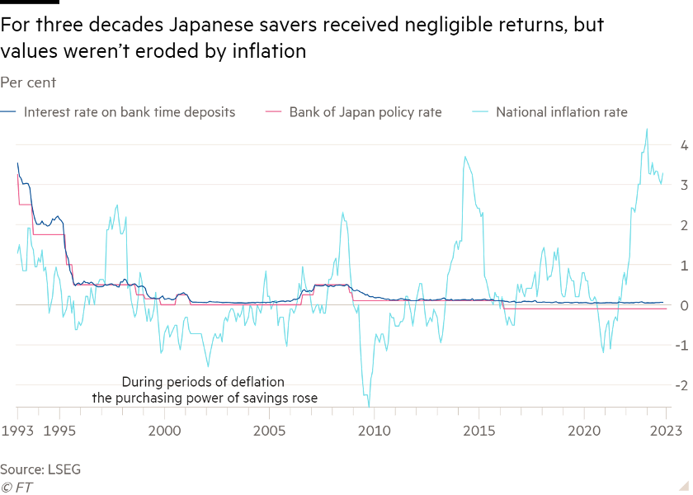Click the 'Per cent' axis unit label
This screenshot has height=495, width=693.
(x=28, y=82)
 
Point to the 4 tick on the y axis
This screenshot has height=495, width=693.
(x=683, y=146)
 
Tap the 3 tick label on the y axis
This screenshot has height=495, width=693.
(x=683, y=186)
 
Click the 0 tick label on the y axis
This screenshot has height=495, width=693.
(x=683, y=306)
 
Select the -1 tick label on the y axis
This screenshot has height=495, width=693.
(x=681, y=346)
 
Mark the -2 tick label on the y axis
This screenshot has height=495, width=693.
(x=681, y=386)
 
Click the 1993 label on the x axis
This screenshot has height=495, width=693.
(x=16, y=430)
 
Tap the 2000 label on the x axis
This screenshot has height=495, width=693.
(x=163, y=430)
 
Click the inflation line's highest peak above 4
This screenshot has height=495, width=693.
(x=647, y=129)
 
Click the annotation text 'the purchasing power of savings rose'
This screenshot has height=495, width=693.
(x=205, y=398)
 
